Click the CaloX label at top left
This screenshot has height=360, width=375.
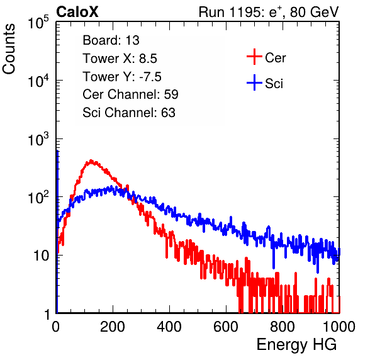(77, 12)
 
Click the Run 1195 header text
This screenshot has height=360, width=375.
(269, 12)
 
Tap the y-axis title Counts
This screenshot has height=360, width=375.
(9, 49)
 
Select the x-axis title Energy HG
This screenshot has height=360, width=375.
(296, 345)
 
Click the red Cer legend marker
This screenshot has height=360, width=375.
(254, 57)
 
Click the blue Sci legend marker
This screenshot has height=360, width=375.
(254, 82)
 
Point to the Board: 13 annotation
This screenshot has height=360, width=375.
(111, 40)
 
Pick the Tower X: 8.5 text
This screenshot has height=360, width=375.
(120, 59)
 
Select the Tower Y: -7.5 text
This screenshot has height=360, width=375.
(122, 77)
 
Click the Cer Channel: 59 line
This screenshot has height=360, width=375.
(130, 94)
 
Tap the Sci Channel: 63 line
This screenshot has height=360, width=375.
(129, 113)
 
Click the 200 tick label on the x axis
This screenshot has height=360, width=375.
(113, 327)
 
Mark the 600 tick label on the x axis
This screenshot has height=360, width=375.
(226, 327)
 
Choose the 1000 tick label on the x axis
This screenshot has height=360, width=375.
(339, 327)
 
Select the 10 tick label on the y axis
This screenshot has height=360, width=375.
(41, 256)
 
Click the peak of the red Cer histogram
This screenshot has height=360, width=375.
(91, 160)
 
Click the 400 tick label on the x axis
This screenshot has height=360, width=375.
(169, 327)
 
